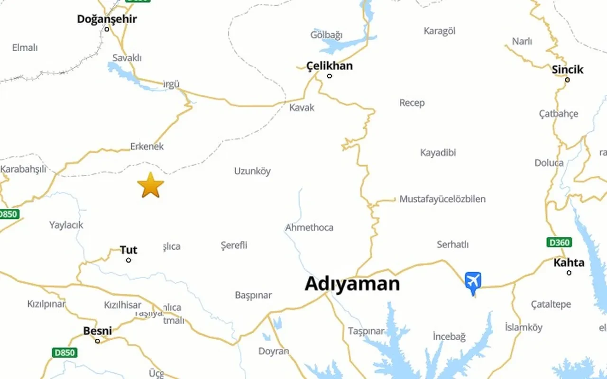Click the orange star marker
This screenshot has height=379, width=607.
click(x=151, y=185)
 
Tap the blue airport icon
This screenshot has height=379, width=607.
click(x=473, y=281)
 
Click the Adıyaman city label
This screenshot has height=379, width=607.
click(x=352, y=284)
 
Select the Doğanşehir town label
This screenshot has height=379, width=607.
click(x=107, y=19)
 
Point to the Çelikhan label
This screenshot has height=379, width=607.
click(x=330, y=65)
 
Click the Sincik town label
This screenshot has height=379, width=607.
click(x=567, y=70)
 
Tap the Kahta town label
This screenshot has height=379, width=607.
click(x=569, y=262)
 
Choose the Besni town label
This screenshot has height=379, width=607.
click(x=97, y=331)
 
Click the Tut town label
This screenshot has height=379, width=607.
click(x=128, y=250)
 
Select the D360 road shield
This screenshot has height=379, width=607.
click(x=559, y=243)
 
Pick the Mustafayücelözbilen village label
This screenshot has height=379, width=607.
click(x=442, y=199)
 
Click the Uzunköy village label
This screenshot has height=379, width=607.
click(x=252, y=171)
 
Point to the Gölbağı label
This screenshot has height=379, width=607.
click(x=326, y=35)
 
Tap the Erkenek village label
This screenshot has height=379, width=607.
click(x=147, y=146)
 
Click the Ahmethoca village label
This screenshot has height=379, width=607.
click(x=309, y=227)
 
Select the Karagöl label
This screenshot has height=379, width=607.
click(x=439, y=31)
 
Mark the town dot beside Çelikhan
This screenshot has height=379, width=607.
click(x=330, y=76)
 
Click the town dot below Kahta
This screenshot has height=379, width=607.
click(x=569, y=273)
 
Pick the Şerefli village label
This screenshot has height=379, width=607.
click(x=234, y=245)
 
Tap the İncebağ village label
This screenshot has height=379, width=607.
click(x=449, y=336)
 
